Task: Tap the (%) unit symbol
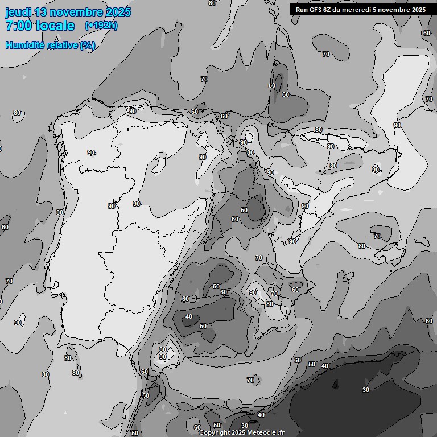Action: (88, 45)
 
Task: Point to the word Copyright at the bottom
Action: (213, 433)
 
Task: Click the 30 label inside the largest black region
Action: (366, 390)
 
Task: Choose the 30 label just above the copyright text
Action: (245, 426)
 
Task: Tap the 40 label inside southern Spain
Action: (189, 317)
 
